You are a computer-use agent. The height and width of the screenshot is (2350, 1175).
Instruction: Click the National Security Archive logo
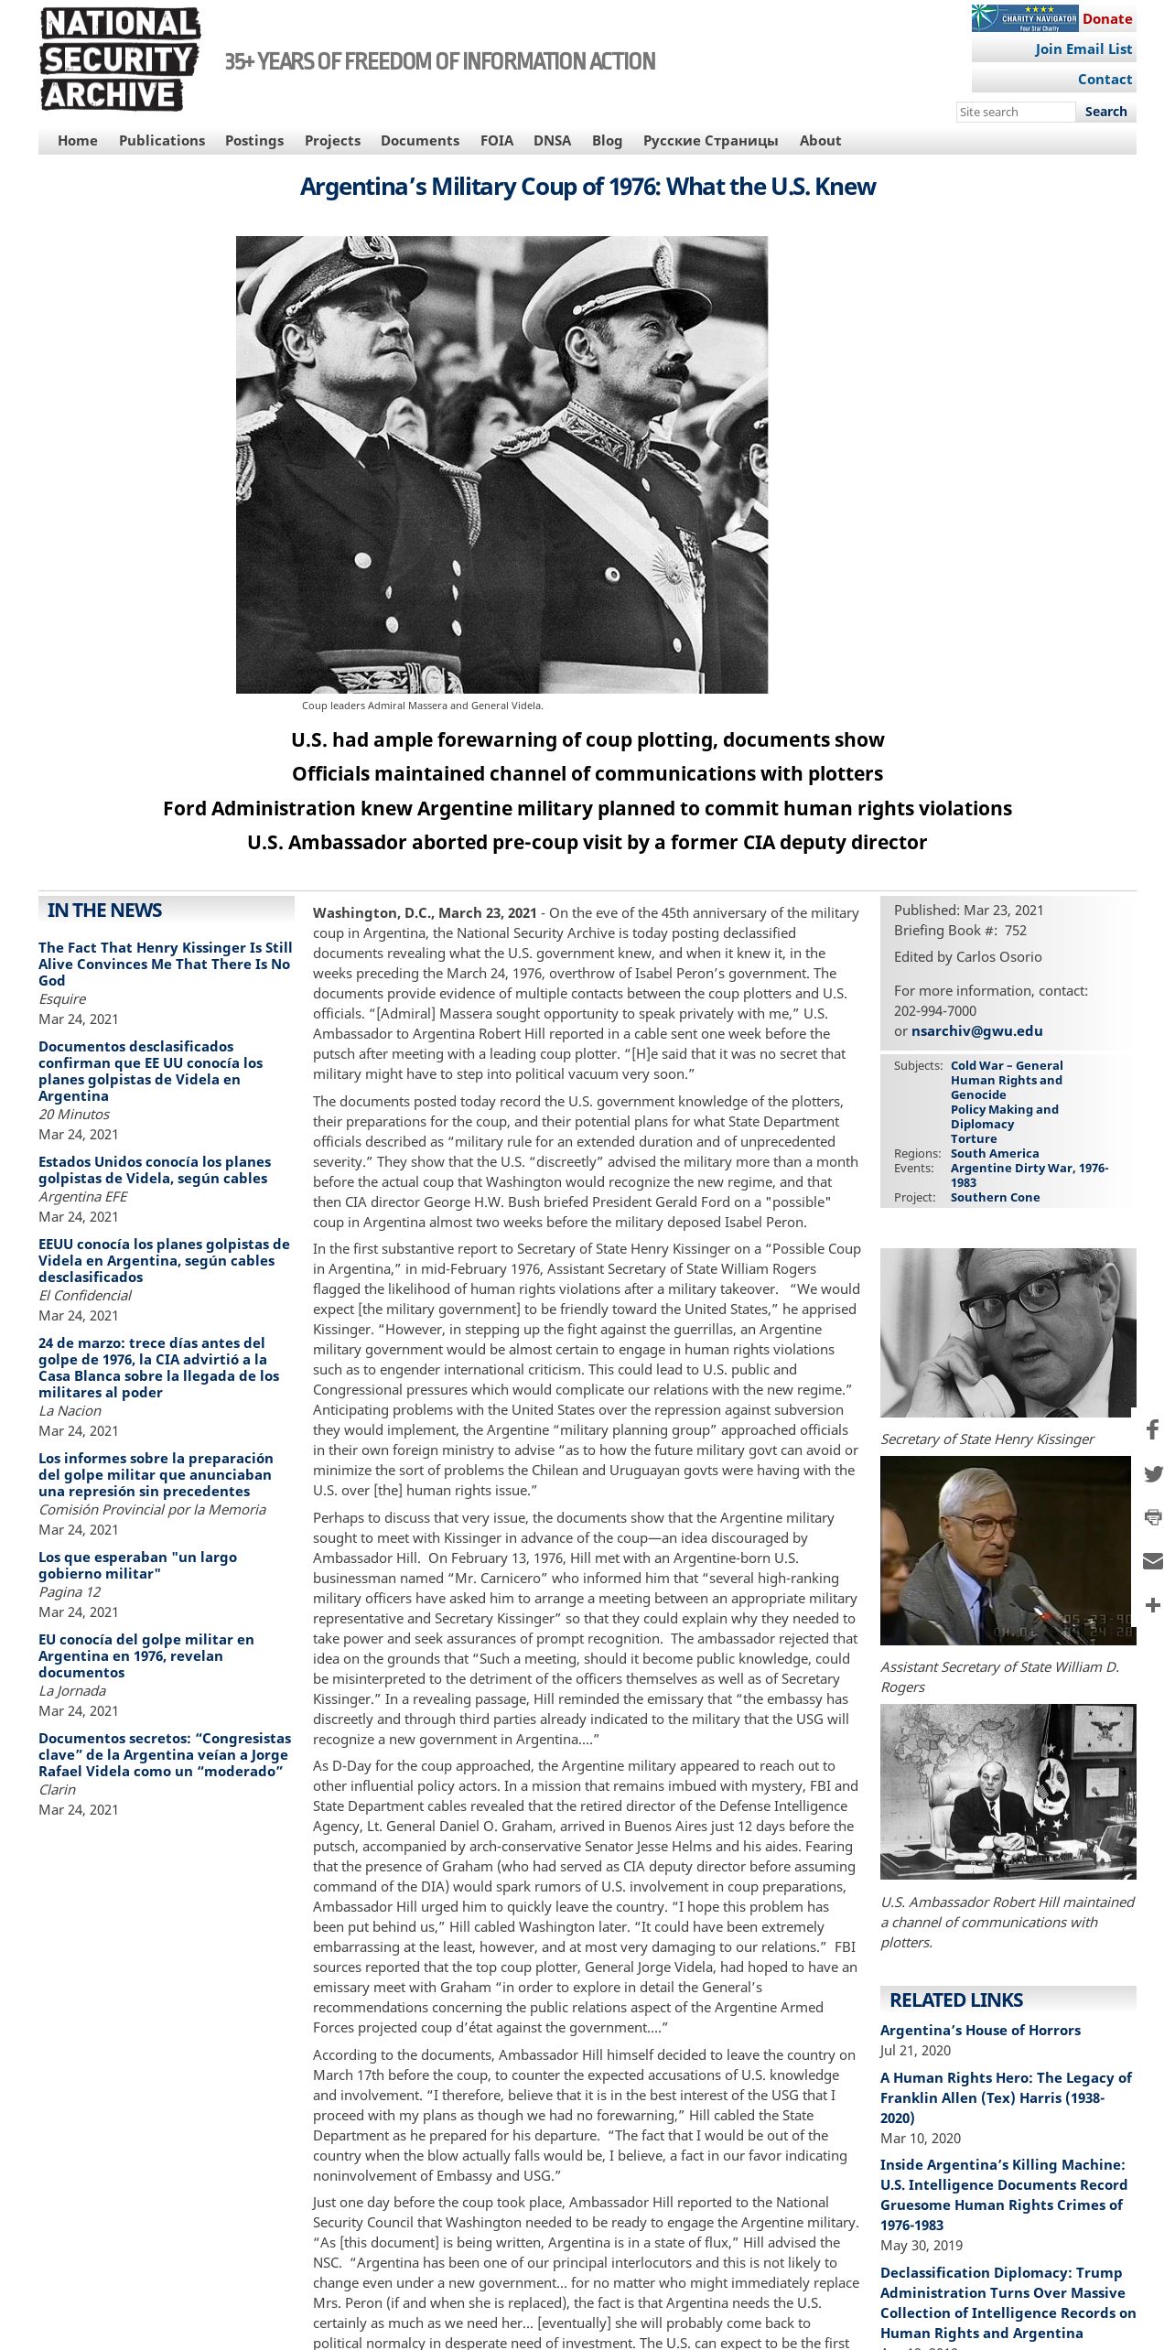click(120, 59)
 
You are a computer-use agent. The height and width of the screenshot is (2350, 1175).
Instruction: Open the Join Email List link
click(1083, 49)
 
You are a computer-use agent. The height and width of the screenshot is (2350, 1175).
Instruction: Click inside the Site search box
click(1015, 112)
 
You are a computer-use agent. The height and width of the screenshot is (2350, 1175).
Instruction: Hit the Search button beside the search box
click(1105, 112)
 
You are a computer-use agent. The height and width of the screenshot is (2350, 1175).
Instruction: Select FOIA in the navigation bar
click(497, 141)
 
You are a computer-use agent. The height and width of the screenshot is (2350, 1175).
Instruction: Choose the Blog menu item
click(607, 141)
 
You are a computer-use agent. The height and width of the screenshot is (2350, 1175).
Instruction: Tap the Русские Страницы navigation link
click(710, 141)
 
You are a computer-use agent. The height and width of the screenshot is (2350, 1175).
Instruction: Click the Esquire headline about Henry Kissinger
click(165, 964)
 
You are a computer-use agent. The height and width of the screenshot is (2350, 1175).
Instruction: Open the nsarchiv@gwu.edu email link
click(976, 1030)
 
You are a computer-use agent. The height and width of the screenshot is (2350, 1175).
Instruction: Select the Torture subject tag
click(973, 1138)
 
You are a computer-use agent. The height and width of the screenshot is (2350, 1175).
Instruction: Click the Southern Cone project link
click(995, 1197)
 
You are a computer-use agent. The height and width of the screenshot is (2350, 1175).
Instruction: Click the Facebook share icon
click(1153, 1429)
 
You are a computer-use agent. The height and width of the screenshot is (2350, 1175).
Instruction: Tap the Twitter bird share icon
click(1153, 1473)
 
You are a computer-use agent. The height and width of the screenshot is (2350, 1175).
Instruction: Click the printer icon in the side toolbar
click(1153, 1517)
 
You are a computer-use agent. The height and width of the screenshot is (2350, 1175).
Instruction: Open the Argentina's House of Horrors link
click(980, 2030)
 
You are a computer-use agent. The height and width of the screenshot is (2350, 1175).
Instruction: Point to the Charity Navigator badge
click(1025, 18)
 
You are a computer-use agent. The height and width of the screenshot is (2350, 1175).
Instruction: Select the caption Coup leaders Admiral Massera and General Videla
click(422, 706)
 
